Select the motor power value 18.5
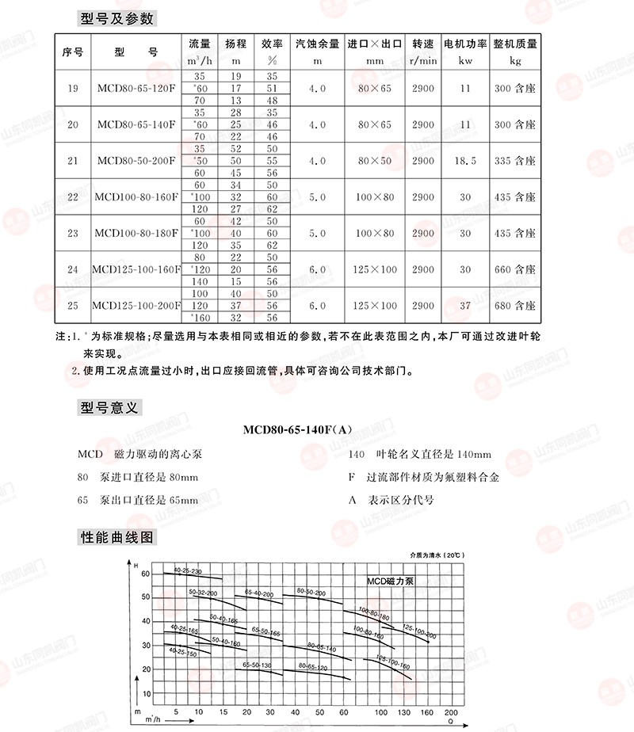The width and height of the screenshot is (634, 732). (465, 161)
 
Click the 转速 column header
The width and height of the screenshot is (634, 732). (423, 51)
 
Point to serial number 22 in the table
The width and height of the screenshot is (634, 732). (73, 197)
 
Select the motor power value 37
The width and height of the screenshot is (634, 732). (465, 306)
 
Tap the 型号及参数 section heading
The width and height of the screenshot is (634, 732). (117, 18)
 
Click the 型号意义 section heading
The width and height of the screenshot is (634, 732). (110, 408)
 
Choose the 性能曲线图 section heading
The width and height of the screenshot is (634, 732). (117, 538)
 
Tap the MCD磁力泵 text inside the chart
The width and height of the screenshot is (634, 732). (390, 581)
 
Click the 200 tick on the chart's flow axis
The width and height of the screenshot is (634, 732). (451, 711)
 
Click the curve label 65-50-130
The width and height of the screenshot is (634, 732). (257, 664)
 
